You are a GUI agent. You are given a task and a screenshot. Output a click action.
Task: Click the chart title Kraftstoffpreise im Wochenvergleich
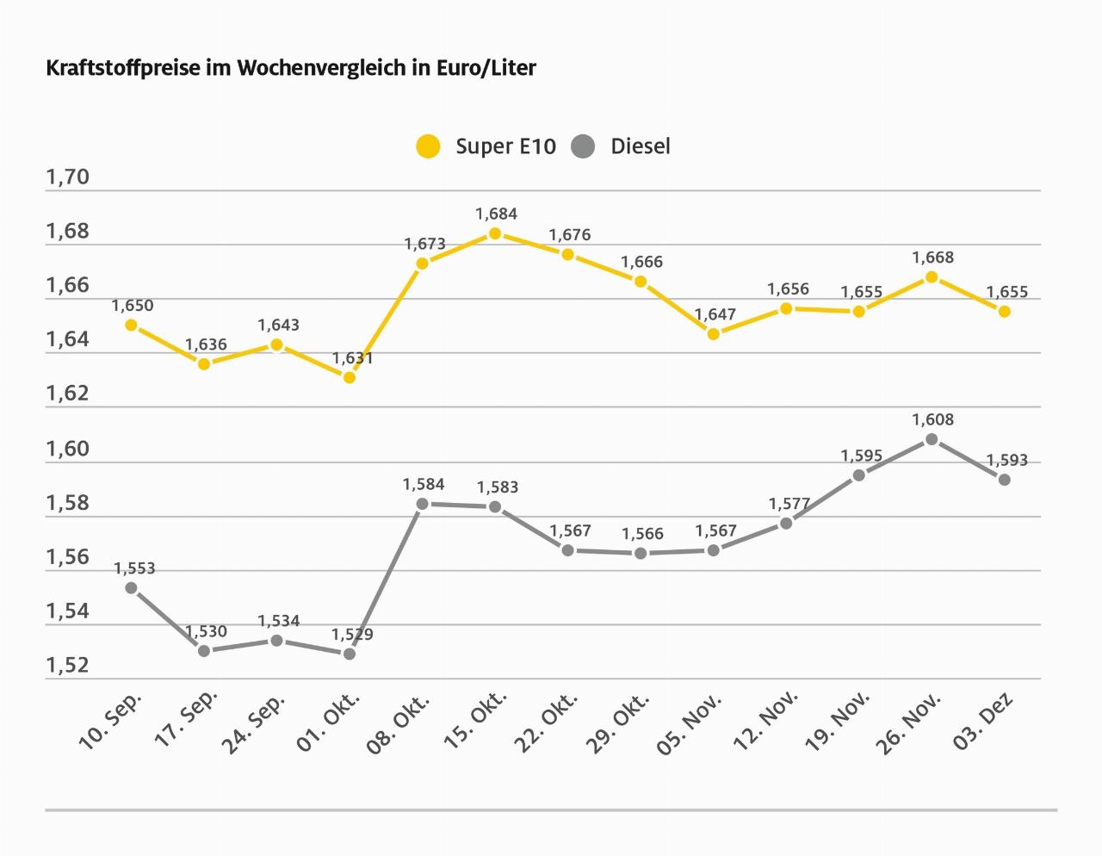291,68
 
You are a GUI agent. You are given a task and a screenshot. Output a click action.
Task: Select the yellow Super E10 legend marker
428,146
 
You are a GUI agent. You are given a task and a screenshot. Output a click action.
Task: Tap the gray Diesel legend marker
583,146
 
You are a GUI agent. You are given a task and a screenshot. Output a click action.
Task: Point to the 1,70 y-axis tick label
67,177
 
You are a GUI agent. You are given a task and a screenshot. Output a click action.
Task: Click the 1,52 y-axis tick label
67,666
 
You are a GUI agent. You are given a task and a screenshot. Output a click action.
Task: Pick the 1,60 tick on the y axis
67,449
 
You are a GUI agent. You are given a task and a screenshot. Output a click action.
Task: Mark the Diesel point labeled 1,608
932,439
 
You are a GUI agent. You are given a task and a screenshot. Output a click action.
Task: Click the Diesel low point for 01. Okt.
350,654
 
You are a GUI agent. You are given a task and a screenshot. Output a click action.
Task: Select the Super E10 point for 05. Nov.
714,333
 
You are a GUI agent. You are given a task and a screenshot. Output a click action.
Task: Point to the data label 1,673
424,244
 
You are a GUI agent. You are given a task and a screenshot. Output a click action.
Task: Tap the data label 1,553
134,568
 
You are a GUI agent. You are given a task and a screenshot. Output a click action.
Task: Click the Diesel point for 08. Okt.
422,504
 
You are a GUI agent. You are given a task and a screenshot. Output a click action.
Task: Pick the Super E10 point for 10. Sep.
131,325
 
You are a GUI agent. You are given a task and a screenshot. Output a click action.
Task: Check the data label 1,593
1006,461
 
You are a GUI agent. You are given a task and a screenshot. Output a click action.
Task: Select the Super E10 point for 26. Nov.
932,276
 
